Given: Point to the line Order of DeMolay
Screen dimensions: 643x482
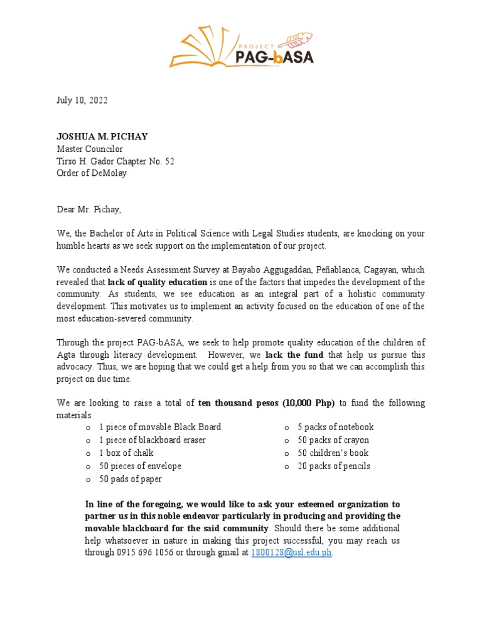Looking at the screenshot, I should (92, 173).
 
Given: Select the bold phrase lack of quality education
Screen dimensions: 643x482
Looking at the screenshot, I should (157, 281).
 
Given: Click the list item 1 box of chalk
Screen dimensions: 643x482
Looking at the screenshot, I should (126, 453).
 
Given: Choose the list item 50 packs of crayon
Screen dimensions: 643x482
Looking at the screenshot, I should (333, 440).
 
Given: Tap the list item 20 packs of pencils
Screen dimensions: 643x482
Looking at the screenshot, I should (334, 466).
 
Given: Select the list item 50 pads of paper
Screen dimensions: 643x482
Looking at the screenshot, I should (130, 479).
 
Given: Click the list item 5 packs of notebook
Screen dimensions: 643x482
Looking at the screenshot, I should (335, 427).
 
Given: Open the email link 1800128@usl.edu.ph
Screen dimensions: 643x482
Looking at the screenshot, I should (291, 553).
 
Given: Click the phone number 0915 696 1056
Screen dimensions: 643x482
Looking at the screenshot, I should (147, 553).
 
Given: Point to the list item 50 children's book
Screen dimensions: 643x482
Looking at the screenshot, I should (333, 453).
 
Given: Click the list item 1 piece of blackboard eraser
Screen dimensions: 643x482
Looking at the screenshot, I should (152, 440).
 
